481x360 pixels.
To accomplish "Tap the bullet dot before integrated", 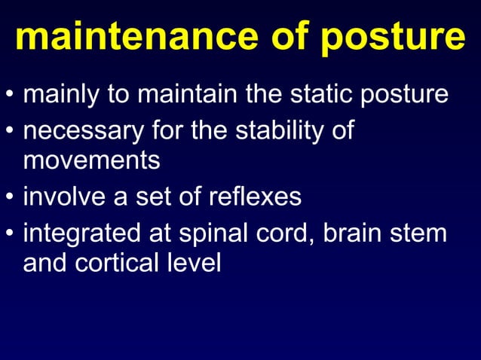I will [x=9, y=234].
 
